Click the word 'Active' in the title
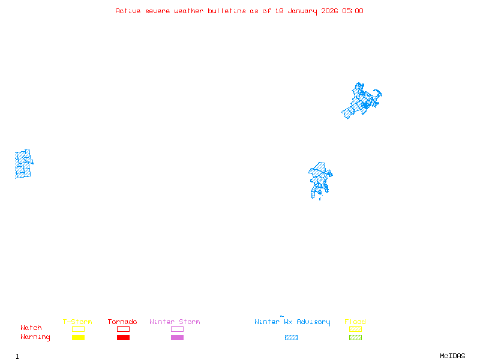[128, 11]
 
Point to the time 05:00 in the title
[352, 11]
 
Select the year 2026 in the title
[329, 11]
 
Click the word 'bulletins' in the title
[226, 11]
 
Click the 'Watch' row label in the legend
[31, 328]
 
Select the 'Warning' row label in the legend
[35, 337]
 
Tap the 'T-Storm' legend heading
[77, 322]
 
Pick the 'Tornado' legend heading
[122, 322]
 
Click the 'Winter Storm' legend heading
[175, 322]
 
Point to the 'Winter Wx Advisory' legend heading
[292, 322]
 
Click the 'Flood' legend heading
[355, 322]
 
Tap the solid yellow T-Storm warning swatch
[78, 338]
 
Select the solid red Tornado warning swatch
[123, 338]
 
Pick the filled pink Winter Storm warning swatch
[177, 338]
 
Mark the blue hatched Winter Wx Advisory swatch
[291, 338]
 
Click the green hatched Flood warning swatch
[355, 338]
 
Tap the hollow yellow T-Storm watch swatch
[78, 329]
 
